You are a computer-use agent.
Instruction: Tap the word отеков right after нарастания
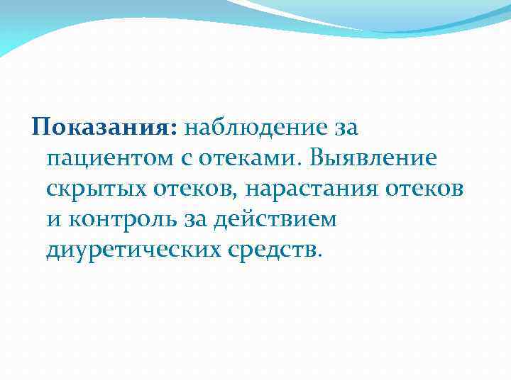click(425, 189)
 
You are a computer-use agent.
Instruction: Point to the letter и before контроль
click(54, 219)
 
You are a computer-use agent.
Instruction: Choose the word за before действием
click(191, 219)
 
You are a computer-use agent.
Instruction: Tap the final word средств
click(278, 250)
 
